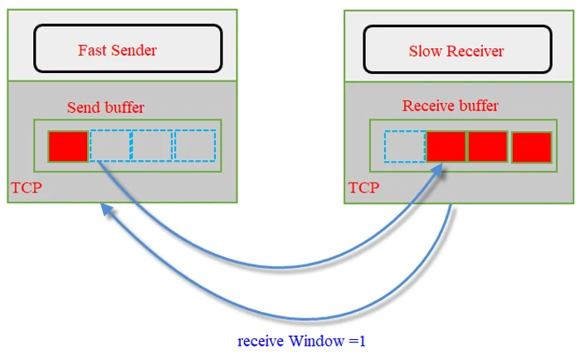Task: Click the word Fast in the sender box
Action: click(91, 50)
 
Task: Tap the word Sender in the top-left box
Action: click(133, 50)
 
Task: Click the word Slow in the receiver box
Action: click(426, 51)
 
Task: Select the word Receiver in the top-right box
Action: click(475, 51)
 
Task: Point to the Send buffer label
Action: click(105, 108)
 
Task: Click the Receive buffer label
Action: click(451, 106)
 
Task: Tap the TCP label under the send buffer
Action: click(26, 188)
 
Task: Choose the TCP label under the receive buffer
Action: click(363, 187)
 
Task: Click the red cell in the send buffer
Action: click(68, 146)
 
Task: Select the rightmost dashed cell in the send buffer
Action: click(195, 146)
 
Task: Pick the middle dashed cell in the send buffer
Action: click(153, 146)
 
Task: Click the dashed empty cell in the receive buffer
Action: click(405, 147)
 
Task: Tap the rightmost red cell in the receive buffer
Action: click(532, 148)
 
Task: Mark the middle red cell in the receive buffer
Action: click(488, 147)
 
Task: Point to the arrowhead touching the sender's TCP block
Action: click(107, 211)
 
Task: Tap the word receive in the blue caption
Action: click(261, 341)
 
